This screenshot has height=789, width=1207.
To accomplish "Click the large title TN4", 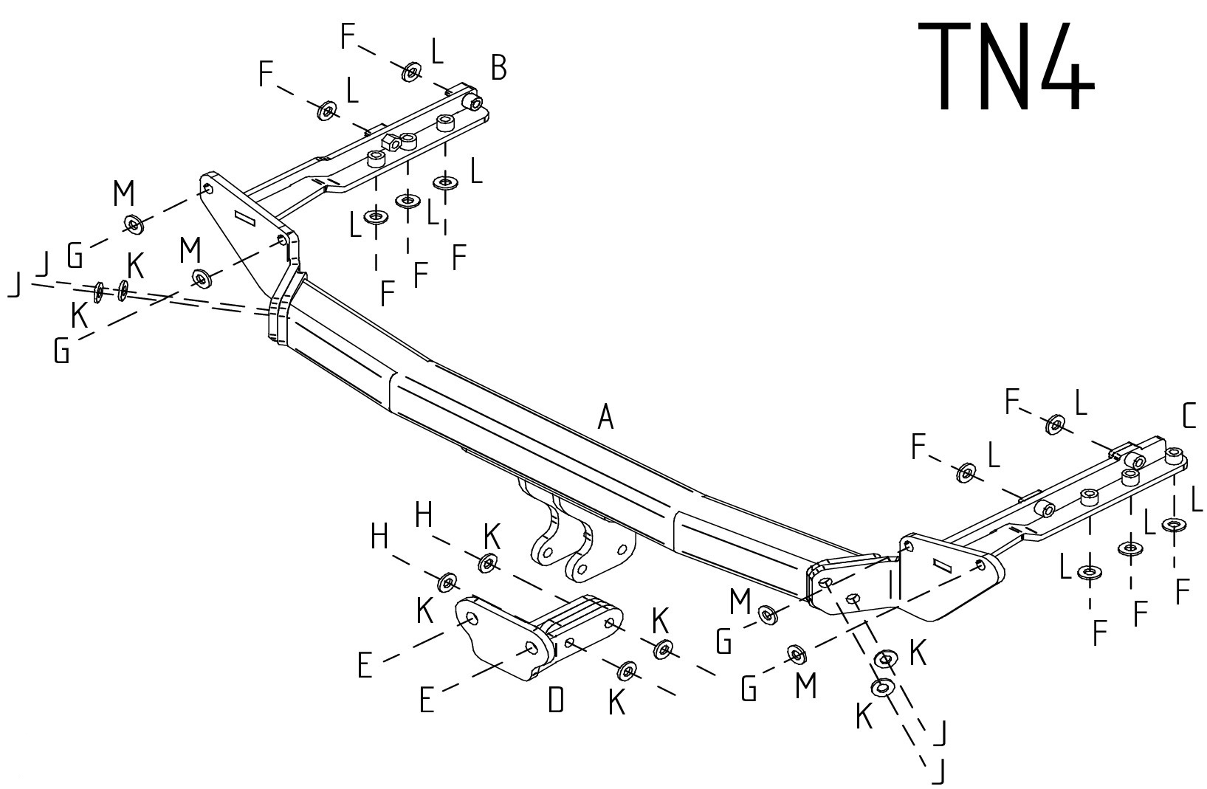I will click(1005, 66).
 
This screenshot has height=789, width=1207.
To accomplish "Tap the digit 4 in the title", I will click(1063, 66).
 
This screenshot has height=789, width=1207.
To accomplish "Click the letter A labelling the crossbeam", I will click(605, 418).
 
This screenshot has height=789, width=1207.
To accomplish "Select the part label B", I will click(498, 69).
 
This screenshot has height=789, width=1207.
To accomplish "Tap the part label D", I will click(556, 699).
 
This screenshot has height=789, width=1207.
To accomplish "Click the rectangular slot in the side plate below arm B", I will click(244, 218).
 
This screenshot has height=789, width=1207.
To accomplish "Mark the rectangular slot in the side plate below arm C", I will click(944, 565).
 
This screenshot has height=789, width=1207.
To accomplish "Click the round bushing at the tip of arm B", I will click(470, 100).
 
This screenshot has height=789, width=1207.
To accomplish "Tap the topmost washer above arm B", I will click(411, 72).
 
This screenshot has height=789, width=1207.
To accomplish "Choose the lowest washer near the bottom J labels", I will click(881, 689).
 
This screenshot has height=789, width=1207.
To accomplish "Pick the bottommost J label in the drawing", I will click(938, 772).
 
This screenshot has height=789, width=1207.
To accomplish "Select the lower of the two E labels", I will click(426, 700).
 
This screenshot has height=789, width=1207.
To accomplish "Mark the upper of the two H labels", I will click(423, 514).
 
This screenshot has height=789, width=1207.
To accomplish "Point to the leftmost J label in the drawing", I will click(13, 286).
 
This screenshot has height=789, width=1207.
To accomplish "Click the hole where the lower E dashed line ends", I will click(531, 649).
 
